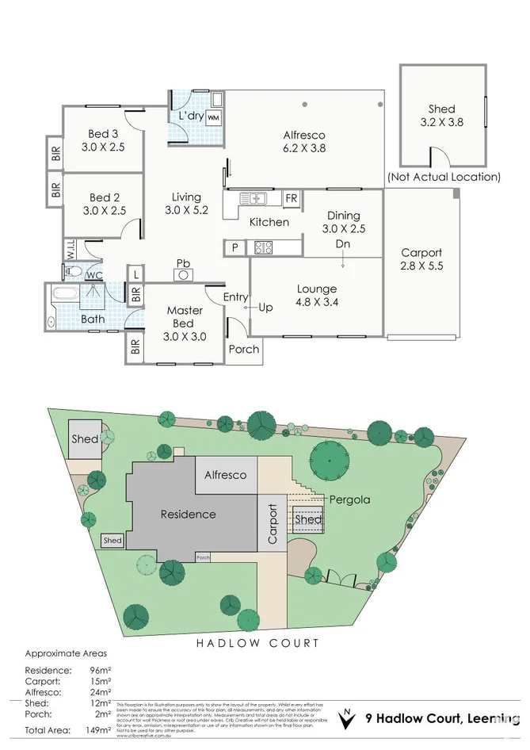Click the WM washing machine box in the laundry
click(x=213, y=117)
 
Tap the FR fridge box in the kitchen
click(x=292, y=197)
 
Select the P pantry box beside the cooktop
click(x=234, y=248)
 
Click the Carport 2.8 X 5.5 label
click(x=421, y=259)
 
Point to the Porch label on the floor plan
click(x=243, y=349)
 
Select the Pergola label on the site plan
click(x=351, y=500)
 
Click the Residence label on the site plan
click(x=188, y=514)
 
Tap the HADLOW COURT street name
click(x=257, y=643)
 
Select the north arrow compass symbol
click(x=345, y=719)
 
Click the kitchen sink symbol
click(x=255, y=197)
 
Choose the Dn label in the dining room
click(x=342, y=243)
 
